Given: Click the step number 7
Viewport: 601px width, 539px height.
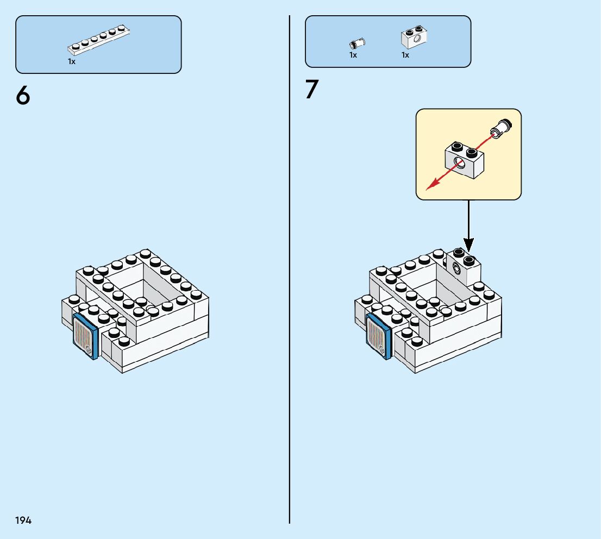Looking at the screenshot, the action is coord(311,90).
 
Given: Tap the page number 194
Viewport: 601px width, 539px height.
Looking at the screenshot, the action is coord(23,521).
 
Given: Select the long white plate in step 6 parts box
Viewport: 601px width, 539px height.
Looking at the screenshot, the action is coord(99,40).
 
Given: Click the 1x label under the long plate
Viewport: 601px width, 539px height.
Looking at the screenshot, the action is coord(72,62).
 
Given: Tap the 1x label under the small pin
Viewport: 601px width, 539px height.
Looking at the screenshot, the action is coord(353,55).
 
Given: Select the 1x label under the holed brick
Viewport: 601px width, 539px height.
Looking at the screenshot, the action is coord(405,55).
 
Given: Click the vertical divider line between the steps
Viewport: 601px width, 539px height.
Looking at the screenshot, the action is coord(290,272).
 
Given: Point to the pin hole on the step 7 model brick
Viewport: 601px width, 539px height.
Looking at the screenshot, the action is coord(455,267).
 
